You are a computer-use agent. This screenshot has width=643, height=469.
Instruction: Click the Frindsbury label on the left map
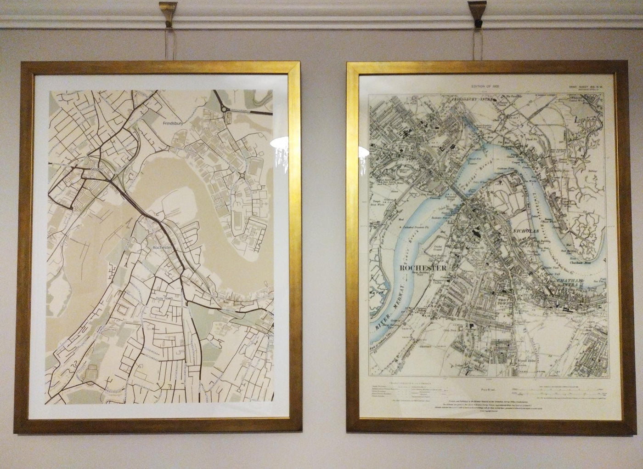173,124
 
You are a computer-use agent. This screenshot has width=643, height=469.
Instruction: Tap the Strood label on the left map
97,169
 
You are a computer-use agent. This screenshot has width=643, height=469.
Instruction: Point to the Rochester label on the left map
163,247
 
